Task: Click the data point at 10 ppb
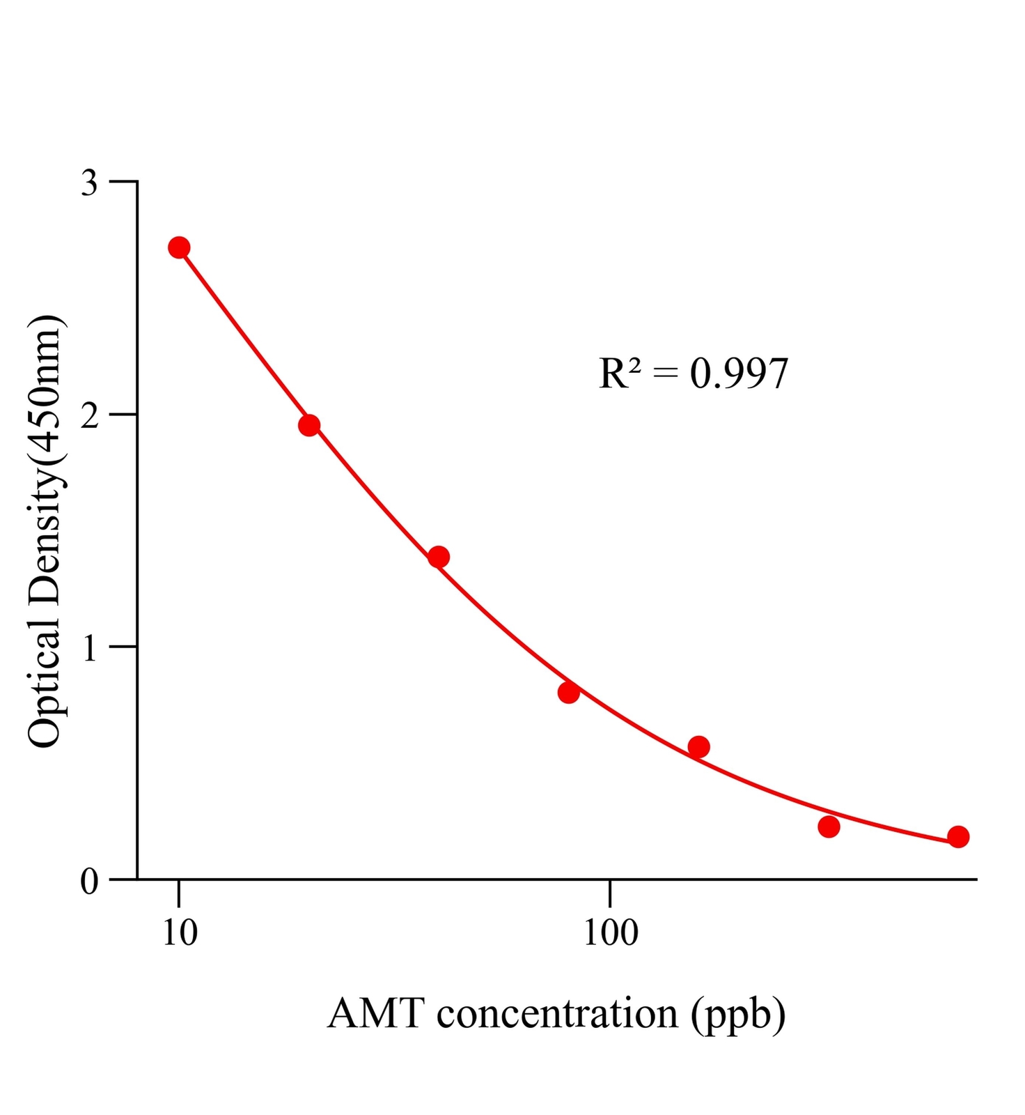(x=179, y=247)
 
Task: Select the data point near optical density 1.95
(x=309, y=425)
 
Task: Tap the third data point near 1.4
(x=439, y=557)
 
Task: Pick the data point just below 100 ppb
(x=569, y=692)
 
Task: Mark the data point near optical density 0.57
(x=698, y=747)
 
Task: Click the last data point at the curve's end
(x=958, y=837)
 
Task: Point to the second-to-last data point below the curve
(x=829, y=826)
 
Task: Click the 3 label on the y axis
(x=90, y=183)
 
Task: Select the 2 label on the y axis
(x=90, y=416)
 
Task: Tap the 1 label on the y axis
(x=90, y=649)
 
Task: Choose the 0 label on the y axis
(x=90, y=882)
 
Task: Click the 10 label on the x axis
(x=180, y=932)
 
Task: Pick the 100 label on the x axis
(x=610, y=932)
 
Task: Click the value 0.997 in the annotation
(x=739, y=374)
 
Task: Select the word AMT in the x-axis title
(x=375, y=1013)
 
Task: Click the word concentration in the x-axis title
(x=557, y=1013)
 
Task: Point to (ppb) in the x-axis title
(x=738, y=1015)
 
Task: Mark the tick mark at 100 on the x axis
(x=610, y=893)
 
